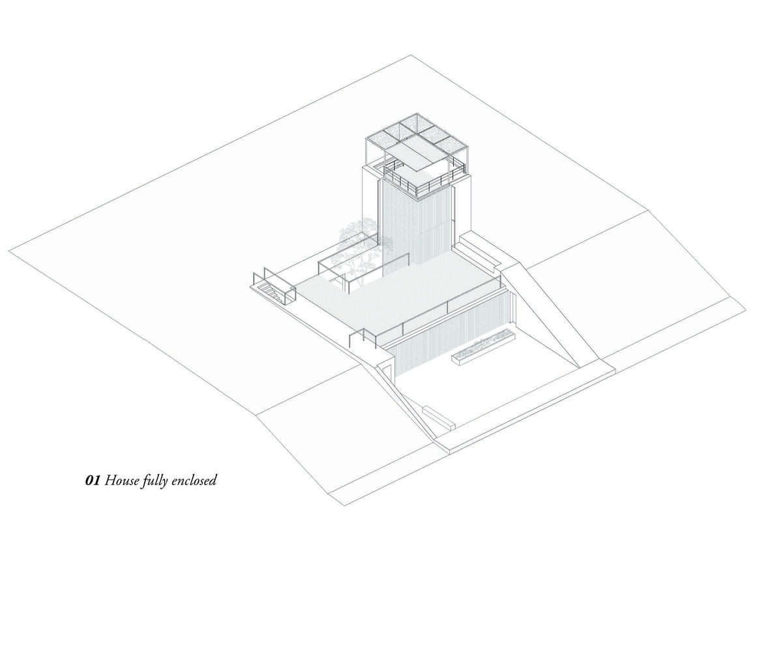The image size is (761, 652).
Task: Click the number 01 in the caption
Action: (93, 481)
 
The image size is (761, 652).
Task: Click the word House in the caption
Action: (121, 481)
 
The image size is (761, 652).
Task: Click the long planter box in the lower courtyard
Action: (483, 349)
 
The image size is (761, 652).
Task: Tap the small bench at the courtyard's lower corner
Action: (439, 417)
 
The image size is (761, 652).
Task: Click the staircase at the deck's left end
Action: (273, 291)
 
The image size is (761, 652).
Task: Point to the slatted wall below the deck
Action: (450, 333)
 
